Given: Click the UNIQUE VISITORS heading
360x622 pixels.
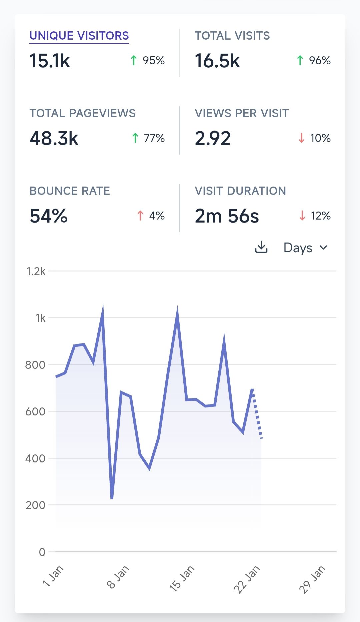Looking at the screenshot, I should (x=79, y=36).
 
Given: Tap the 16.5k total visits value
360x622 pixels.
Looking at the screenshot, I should (x=217, y=61).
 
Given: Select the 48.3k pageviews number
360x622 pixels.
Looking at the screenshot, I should (x=54, y=139).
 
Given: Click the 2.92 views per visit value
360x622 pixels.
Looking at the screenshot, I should (x=213, y=139).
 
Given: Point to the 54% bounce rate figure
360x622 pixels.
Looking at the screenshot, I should (x=49, y=216).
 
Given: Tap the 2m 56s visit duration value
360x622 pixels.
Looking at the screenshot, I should (x=227, y=216).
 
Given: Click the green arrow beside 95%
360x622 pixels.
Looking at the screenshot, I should (x=134, y=60).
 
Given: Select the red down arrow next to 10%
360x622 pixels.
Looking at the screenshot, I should (x=301, y=138).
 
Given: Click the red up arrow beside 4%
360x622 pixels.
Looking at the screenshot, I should (x=140, y=216).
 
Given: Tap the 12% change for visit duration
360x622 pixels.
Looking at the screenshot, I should (x=320, y=216).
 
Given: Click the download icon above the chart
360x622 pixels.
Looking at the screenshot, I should (x=261, y=248).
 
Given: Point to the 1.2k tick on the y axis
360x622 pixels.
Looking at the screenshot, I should (x=36, y=272).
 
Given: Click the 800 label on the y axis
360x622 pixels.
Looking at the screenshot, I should (x=35, y=365).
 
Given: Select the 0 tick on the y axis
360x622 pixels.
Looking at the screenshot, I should (x=42, y=552).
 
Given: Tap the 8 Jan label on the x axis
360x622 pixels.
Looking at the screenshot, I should (x=118, y=577).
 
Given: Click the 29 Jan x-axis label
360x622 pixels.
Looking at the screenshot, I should (x=312, y=580).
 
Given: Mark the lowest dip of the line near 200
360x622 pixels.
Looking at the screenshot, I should (x=112, y=498).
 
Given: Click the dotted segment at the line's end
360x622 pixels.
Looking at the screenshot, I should (x=257, y=415).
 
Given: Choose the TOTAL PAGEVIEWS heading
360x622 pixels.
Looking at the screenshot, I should (x=82, y=113).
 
